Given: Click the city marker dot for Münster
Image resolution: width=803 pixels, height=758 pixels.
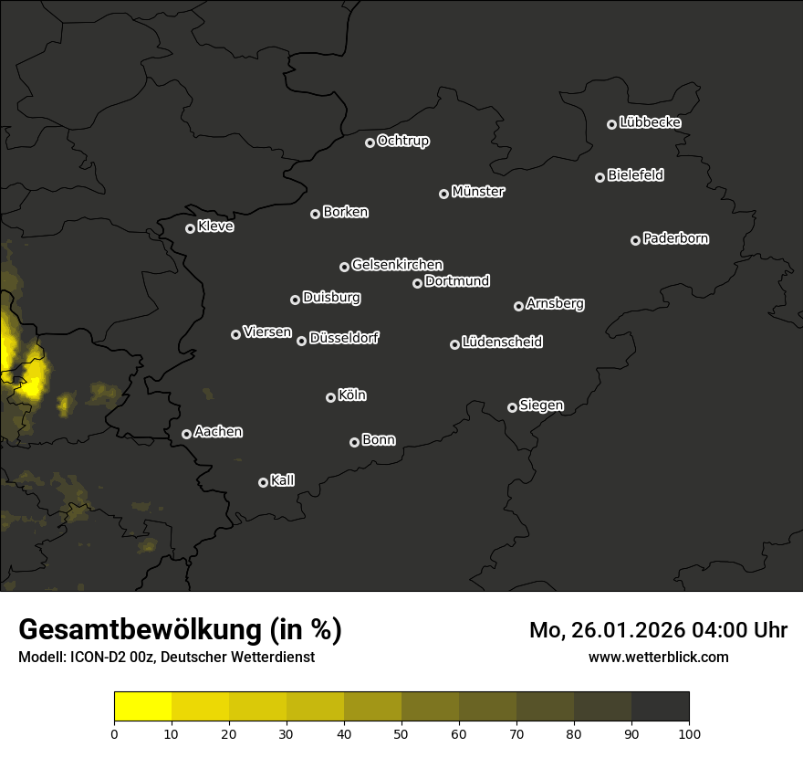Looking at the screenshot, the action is pos(444,194).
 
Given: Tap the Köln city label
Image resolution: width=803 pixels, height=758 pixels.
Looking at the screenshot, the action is pos(352,395).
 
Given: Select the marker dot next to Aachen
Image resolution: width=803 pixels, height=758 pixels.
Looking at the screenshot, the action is pos(187,434).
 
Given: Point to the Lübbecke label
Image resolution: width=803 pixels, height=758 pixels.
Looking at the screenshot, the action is pos(650,122).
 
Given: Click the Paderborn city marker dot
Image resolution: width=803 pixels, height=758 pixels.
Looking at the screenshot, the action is pos(636,240).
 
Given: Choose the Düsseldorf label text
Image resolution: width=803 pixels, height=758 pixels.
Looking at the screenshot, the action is pos(344,338).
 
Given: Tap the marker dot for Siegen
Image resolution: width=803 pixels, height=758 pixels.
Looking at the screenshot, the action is pos(512,407).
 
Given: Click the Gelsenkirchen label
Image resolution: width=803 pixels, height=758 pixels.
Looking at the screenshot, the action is pos(397,265).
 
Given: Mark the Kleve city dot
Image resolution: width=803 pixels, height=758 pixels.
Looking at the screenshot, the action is pos(191,228).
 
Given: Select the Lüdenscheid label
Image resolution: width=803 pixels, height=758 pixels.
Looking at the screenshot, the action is pos(502,342).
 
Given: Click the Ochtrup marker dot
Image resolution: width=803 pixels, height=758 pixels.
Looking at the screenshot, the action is pos(370,142).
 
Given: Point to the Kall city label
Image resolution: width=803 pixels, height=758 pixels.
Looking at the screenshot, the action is pos(283,480).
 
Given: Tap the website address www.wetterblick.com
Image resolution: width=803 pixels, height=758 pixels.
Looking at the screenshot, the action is pos(659,657).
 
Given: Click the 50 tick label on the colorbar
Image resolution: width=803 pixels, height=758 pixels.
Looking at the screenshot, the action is pos(401,732).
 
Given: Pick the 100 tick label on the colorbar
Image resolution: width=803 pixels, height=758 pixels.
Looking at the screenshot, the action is pos(689,732).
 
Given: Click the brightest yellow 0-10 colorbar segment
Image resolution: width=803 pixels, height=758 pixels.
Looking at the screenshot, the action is pos(142,706).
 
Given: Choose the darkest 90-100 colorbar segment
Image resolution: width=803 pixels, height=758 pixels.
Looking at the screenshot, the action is pos(660,706).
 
